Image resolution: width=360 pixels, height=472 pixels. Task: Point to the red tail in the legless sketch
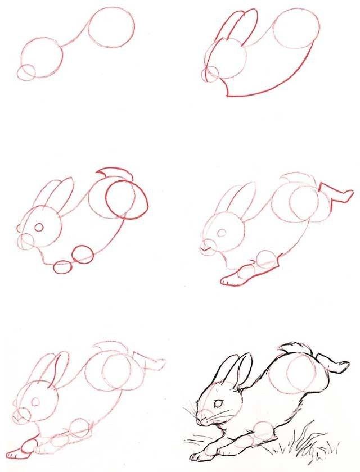(x=115, y=172)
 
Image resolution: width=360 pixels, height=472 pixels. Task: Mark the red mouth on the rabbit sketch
(x=206, y=245)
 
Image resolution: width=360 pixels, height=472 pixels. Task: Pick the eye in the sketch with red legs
(x=222, y=232)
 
